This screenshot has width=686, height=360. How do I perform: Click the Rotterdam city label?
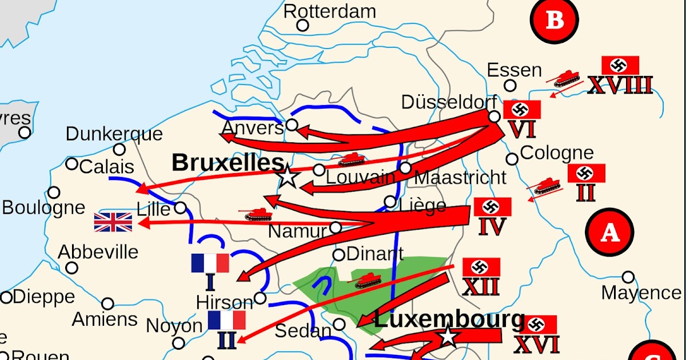(330, 11)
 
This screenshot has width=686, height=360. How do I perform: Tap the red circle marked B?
(554, 21)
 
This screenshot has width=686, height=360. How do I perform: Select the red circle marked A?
(610, 233)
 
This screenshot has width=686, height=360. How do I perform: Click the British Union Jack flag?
(113, 222)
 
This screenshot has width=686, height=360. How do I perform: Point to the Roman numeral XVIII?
(620, 86)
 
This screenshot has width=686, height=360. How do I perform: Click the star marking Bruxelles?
(288, 177)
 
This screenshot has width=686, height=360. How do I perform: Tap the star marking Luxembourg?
(448, 337)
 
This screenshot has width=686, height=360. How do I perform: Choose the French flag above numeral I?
(210, 263)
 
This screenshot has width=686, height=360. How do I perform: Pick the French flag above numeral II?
(226, 320)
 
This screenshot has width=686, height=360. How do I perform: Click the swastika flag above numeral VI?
(521, 109)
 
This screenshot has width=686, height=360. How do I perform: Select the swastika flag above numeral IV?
(492, 207)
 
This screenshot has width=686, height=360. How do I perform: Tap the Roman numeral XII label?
(481, 286)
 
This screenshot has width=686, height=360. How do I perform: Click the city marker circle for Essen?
(510, 86)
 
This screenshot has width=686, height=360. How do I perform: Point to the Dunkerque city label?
(114, 134)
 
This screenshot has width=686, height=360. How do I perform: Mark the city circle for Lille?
(180, 207)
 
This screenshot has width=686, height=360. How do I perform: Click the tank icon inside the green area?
(368, 281)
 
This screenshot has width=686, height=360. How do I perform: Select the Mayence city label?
(641, 293)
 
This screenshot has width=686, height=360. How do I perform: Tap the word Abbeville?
(98, 251)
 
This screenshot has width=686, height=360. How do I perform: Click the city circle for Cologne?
(512, 159)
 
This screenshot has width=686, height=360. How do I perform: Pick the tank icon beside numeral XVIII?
(567, 78)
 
